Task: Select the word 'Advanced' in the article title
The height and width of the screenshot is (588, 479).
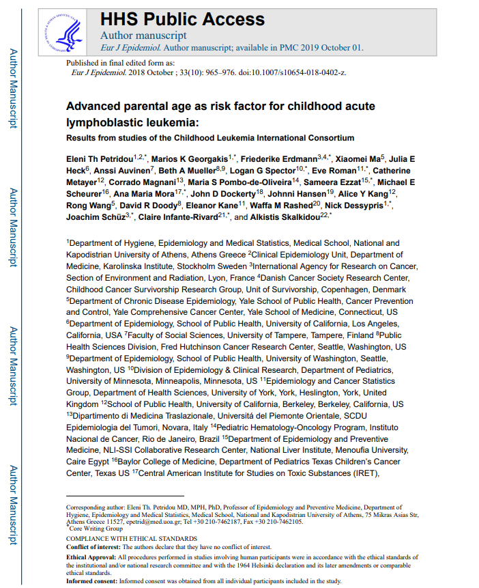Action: (x=94, y=107)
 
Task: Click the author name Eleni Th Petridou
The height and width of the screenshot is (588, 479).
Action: (x=99, y=158)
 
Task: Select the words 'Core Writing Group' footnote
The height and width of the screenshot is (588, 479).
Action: (x=98, y=528)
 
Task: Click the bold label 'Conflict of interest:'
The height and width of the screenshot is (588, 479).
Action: (x=92, y=548)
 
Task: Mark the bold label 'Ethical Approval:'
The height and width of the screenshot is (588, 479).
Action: (x=91, y=558)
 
